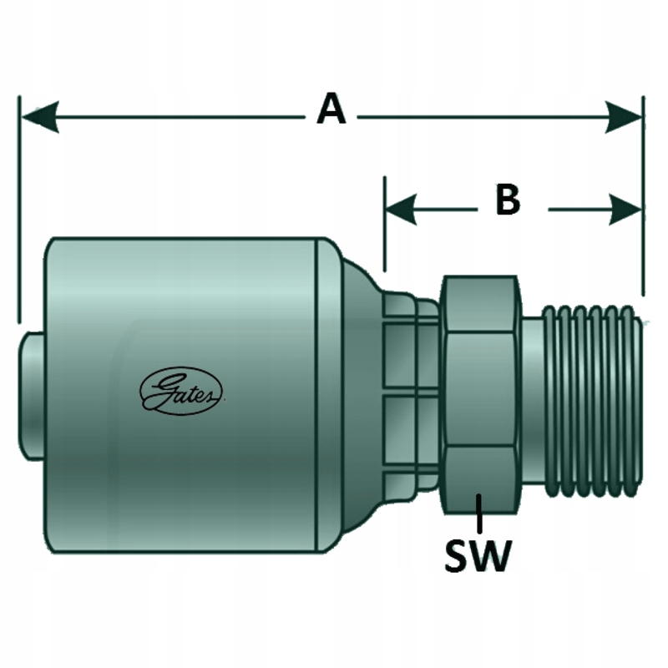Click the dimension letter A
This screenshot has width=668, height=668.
pyautogui.click(x=331, y=110)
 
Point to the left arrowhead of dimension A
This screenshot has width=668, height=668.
pyautogui.click(x=38, y=118)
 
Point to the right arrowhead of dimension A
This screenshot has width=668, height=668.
pyautogui.click(x=625, y=118)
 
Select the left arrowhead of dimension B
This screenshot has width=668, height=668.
pyautogui.click(x=401, y=210)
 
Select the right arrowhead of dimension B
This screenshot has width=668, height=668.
pyautogui.click(x=625, y=210)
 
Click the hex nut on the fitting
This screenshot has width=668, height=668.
pyautogui.click(x=480, y=392)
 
